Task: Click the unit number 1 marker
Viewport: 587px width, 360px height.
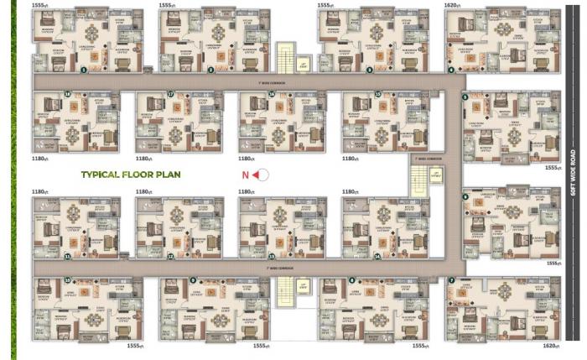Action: [83, 70]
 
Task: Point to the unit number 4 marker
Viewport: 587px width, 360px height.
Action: [451, 70]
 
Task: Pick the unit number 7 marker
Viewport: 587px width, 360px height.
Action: [451, 280]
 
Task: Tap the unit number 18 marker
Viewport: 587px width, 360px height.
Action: [66, 94]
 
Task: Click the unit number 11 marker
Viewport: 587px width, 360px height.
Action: [67, 256]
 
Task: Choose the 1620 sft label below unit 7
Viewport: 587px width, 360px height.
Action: [550, 346]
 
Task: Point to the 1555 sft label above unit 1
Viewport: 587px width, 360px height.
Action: [39, 5]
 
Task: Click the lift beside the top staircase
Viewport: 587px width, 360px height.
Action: [303, 63]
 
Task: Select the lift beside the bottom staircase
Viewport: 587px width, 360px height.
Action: [303, 289]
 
